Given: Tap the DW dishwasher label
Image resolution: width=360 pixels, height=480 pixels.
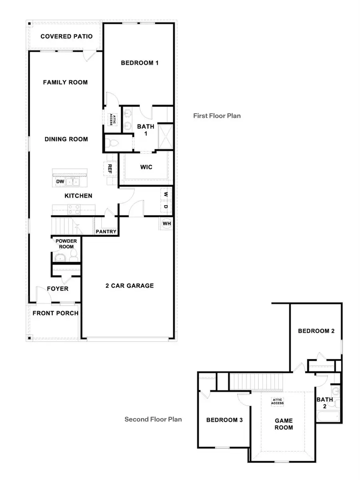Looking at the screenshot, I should click(60, 182).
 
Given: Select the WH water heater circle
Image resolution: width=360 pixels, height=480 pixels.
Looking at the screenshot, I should click(166, 223).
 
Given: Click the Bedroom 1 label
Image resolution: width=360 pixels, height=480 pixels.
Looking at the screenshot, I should click(140, 63).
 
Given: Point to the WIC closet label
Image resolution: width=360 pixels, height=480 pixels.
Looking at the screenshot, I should click(146, 167).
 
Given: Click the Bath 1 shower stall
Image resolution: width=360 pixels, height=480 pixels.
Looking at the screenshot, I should click(165, 136).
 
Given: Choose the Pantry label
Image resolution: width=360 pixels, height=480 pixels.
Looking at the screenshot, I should click(106, 232).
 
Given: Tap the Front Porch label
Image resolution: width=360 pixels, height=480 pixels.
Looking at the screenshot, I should click(55, 313).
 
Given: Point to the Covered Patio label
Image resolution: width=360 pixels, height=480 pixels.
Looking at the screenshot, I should click(66, 36).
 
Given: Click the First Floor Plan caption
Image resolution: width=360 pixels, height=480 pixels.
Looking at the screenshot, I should click(217, 116).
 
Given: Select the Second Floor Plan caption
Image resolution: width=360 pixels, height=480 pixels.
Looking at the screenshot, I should click(153, 420).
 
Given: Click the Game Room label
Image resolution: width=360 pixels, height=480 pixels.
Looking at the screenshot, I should click(284, 424).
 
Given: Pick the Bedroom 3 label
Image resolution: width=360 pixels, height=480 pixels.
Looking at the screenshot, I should click(224, 420).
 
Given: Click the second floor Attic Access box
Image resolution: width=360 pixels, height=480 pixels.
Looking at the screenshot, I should click(278, 401).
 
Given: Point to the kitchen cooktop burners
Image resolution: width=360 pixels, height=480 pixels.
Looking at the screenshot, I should click(73, 208).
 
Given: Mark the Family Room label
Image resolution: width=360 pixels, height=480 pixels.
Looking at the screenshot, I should click(65, 82).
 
